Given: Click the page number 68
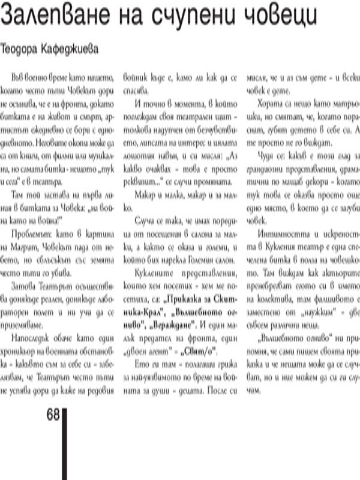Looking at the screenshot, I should (x=52, y=416).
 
